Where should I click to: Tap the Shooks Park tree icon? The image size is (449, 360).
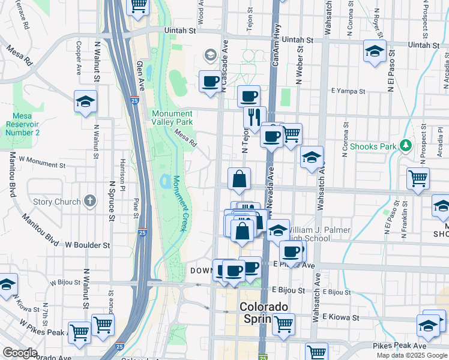406,146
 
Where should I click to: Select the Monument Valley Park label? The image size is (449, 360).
172,117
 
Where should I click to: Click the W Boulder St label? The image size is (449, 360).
88,245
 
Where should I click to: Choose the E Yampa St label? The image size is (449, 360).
349,91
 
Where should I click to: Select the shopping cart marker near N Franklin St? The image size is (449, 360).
418,178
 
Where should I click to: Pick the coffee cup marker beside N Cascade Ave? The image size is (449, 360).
210,81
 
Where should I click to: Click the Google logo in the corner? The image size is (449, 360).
20,353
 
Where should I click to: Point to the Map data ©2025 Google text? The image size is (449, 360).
412,355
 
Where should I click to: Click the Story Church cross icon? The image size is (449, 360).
89,201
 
